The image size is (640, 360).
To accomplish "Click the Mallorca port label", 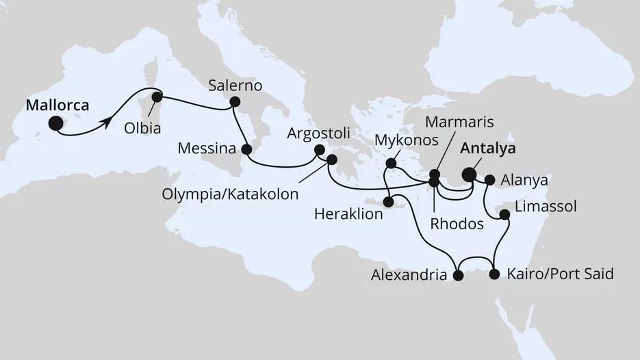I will [x=57, y=105].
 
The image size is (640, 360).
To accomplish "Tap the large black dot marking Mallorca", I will [x=55, y=123].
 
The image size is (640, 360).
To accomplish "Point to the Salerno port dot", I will [x=235, y=102].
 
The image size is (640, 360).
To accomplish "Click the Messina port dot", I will [x=247, y=149].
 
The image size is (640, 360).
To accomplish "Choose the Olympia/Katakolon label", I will [x=230, y=194].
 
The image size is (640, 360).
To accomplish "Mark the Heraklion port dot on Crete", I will [x=388, y=202].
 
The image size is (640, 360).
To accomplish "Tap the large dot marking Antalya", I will [x=470, y=175].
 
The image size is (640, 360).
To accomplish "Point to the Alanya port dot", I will [x=489, y=181].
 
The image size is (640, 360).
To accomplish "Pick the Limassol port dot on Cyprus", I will [x=504, y=215].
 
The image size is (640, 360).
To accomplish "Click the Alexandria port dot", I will [x=458, y=276].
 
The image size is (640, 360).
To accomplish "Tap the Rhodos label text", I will [x=457, y=223].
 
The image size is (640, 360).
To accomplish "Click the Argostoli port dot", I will [x=319, y=150].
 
